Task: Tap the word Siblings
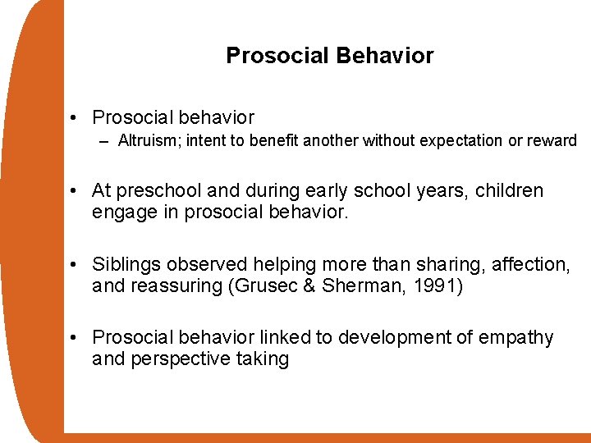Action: pyautogui.click(x=126, y=264)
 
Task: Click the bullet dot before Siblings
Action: pyautogui.click(x=75, y=265)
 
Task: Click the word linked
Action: pyautogui.click(x=286, y=337)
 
